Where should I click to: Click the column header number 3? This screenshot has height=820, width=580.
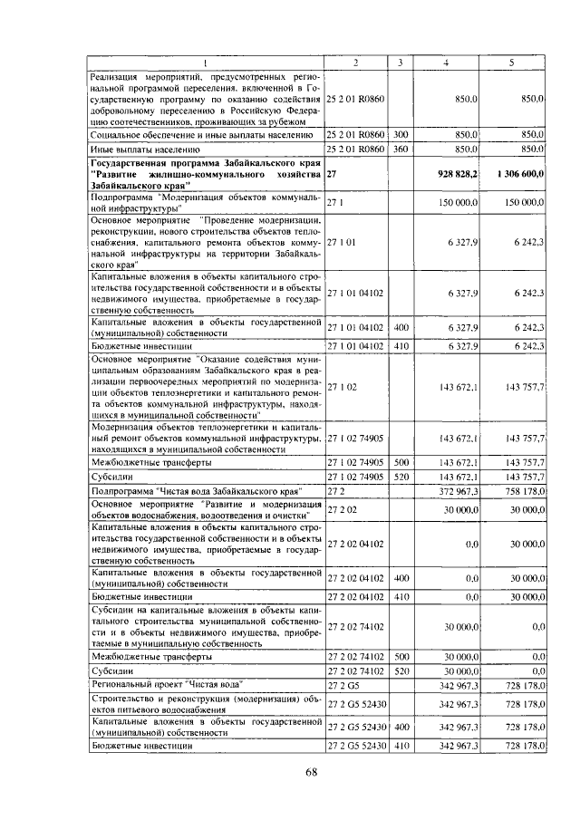tap(400, 62)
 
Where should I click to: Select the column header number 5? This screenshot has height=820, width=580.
tap(512, 62)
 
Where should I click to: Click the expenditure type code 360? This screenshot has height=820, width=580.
tap(400, 148)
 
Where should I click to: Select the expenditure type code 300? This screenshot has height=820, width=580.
tap(400, 134)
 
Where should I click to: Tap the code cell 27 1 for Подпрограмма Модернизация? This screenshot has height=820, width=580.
tap(334, 204)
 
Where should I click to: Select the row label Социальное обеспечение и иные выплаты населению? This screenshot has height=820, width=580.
tap(204, 134)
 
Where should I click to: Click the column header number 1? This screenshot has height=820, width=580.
tap(205, 62)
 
